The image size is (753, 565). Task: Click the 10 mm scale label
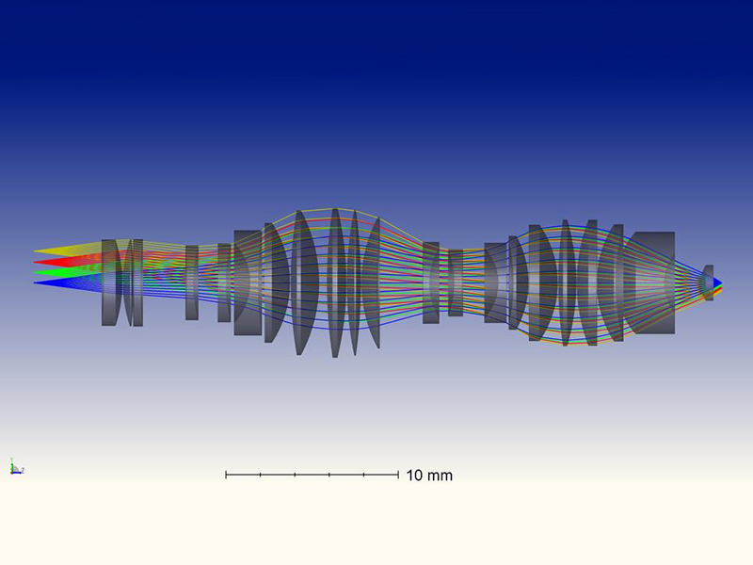[x=429, y=476]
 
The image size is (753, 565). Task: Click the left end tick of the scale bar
[x=226, y=475]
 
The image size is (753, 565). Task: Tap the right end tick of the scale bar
[x=398, y=475]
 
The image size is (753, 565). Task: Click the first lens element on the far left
[x=111, y=282]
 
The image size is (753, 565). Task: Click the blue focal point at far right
[x=719, y=282]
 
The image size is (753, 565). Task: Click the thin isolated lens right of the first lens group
[x=192, y=282]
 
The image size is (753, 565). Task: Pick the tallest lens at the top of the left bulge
[x=335, y=282]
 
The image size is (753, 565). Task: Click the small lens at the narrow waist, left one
[x=431, y=282]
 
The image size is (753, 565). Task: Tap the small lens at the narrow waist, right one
[x=456, y=282]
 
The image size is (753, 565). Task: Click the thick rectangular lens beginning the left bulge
[x=248, y=282]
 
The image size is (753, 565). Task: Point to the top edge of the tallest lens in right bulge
[x=566, y=222]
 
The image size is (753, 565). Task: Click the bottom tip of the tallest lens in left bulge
[x=335, y=356]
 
